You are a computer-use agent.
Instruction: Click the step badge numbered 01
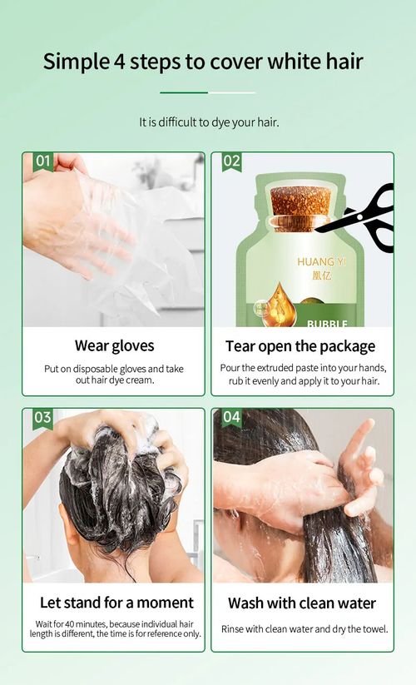tap(43, 161)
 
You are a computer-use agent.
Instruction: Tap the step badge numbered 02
tap(232, 161)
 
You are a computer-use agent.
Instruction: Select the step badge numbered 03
tap(43, 417)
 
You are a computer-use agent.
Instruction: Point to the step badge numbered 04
tap(232, 417)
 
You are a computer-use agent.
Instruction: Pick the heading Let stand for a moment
tap(116, 603)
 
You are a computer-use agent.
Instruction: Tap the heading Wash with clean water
tap(301, 603)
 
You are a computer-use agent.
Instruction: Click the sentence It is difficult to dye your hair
tap(208, 122)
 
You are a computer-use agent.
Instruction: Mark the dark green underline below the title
tap(184, 92)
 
